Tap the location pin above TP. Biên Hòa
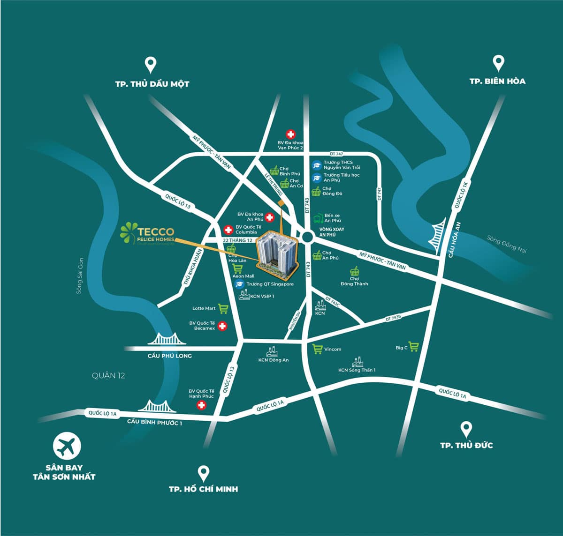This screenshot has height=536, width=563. (498, 63)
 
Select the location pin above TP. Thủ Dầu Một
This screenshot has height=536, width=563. (150, 65)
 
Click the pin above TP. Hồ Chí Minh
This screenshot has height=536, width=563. (203, 474)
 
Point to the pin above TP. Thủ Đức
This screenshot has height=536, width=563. (466, 429)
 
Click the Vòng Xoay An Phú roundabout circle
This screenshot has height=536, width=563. (307, 237)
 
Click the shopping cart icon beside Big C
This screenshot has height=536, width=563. (413, 347)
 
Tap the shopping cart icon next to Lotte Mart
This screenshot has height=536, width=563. (223, 309)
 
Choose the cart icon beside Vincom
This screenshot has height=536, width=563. (318, 349)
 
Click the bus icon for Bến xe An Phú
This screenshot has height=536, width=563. (318, 218)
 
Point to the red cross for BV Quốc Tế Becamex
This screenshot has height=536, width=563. (223, 326)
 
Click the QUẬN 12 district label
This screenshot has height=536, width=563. (108, 375)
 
